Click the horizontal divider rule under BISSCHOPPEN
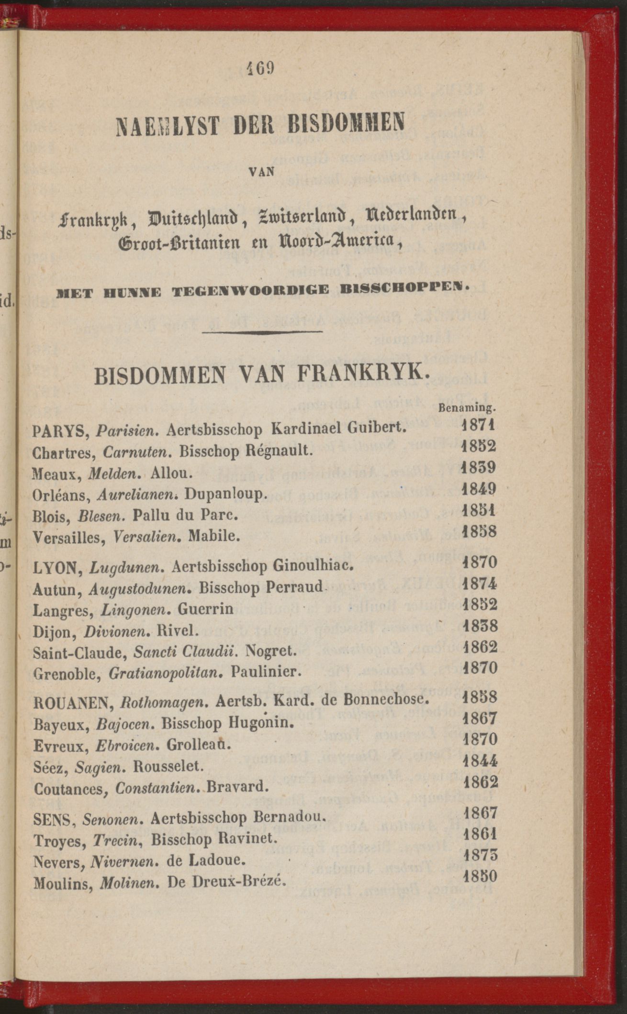click(x=262, y=331)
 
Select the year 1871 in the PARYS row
click(x=479, y=425)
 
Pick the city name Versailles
click(x=69, y=538)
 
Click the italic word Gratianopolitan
click(x=167, y=673)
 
